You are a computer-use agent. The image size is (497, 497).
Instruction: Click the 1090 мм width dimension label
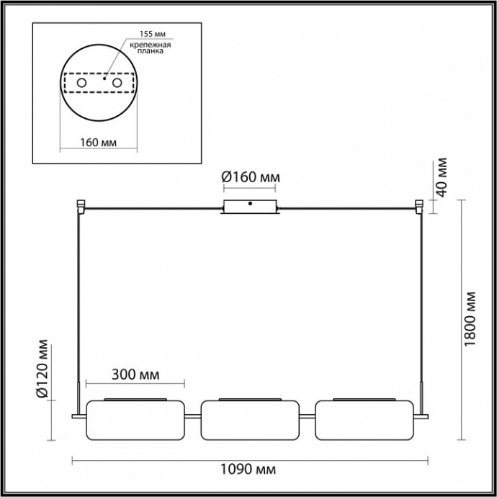247,469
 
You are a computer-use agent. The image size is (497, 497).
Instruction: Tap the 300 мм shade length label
135,375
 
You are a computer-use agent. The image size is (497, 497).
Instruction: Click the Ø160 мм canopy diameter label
250,177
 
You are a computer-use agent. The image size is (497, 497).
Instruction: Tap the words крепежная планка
151,48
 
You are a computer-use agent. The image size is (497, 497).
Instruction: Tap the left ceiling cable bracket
81,207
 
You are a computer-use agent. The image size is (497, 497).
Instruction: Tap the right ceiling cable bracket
419,207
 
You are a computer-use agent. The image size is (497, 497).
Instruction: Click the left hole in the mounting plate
81,84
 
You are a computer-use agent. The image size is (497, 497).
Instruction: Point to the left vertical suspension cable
79,303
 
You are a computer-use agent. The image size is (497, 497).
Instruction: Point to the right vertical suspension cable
421,303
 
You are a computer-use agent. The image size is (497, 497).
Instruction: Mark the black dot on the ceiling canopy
250,203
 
